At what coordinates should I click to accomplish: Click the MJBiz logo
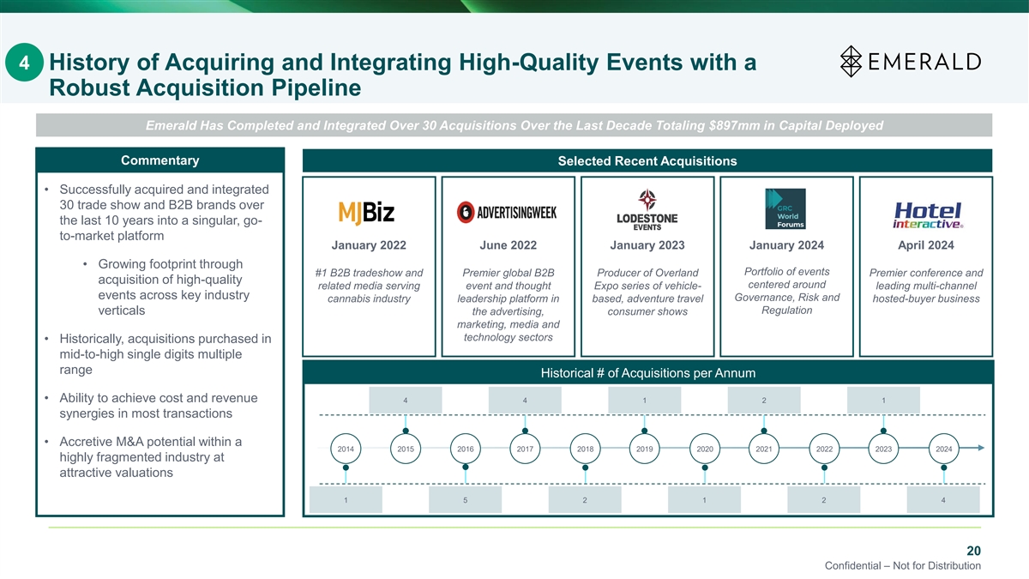coord(367,211)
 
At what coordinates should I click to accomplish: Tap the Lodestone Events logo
coord(647,209)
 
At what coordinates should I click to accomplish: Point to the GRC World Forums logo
coord(785,209)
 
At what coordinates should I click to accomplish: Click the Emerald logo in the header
coord(910,61)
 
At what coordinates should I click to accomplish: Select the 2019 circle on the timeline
coord(645,449)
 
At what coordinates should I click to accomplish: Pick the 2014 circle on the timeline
coord(346,449)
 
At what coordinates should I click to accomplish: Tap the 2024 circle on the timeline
coord(944,449)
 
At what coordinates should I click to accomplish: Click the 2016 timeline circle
coord(466,449)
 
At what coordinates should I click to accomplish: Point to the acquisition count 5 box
coord(465,500)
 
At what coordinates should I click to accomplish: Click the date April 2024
coord(925,245)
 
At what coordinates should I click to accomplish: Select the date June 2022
coord(508,245)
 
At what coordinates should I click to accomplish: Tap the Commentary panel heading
coord(160,160)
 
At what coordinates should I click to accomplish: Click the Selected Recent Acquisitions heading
coord(647,161)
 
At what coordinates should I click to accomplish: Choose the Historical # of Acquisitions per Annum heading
coord(647,373)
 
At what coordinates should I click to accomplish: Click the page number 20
coord(973,550)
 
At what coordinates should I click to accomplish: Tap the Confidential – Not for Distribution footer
coord(902,566)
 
